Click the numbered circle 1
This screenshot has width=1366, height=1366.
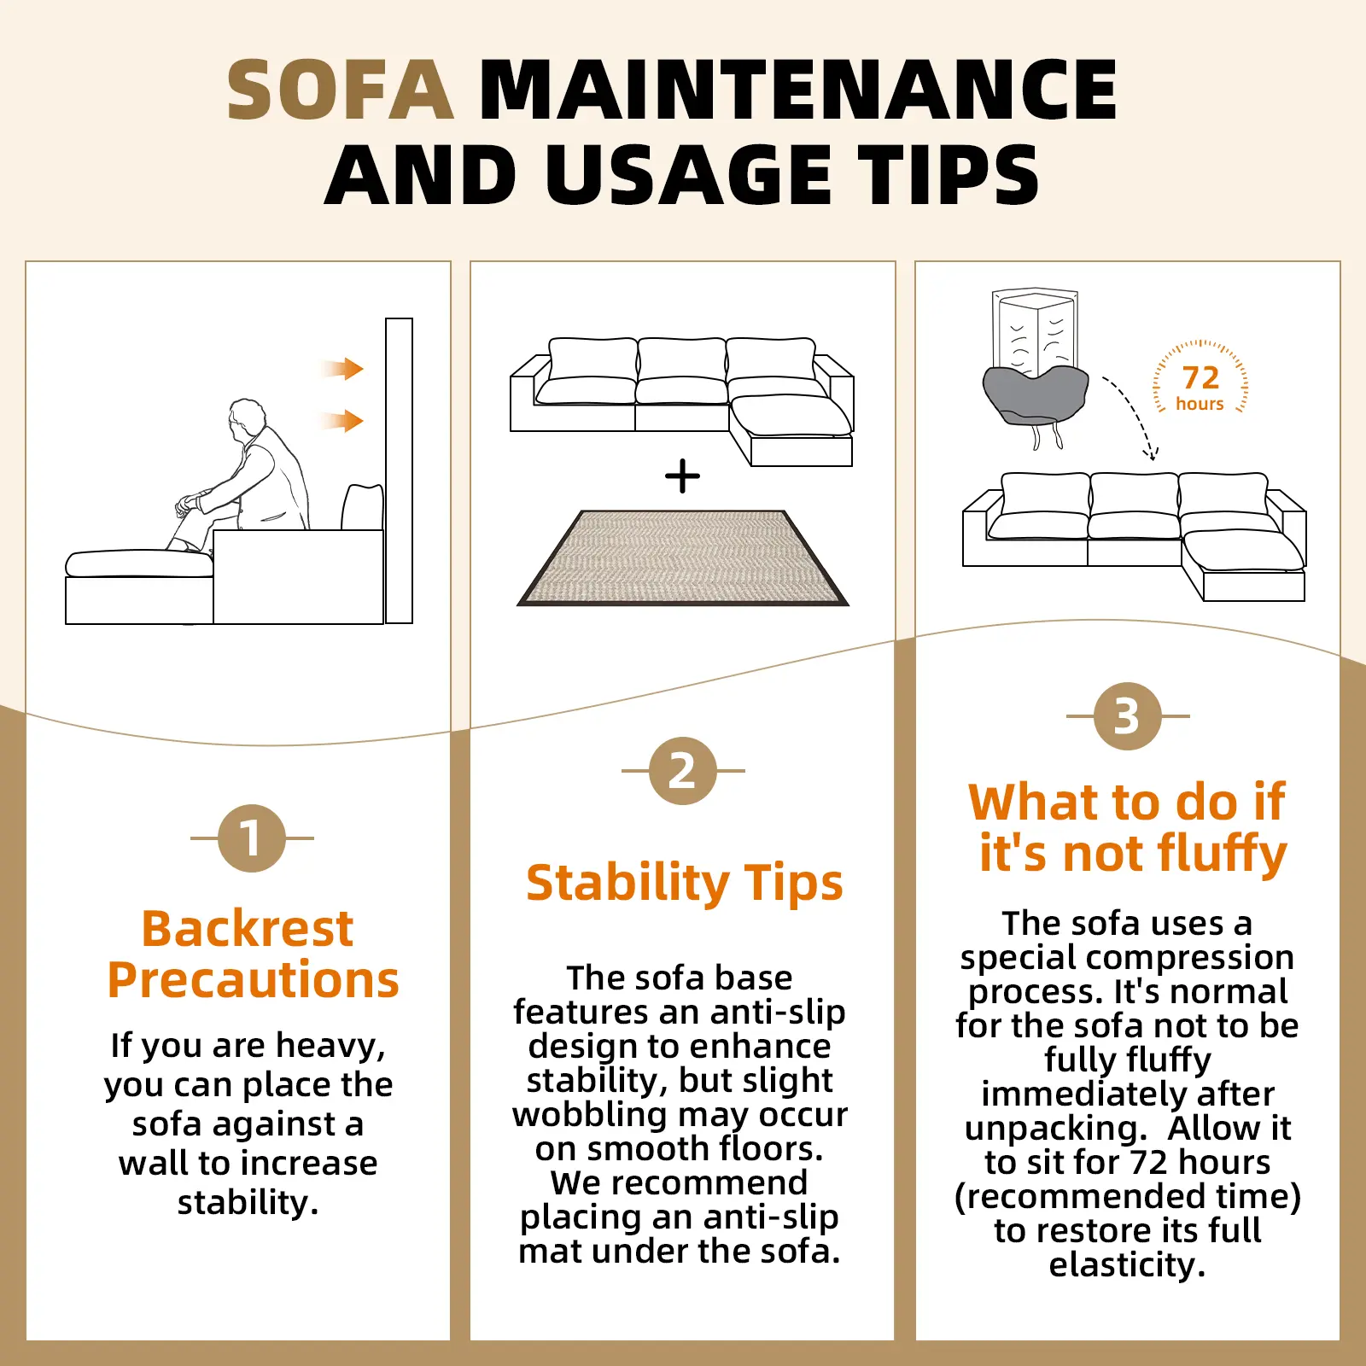[x=251, y=838]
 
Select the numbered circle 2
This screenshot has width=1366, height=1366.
[x=682, y=771]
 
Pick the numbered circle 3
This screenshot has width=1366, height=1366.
[x=1127, y=716]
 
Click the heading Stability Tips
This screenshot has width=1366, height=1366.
[x=685, y=883]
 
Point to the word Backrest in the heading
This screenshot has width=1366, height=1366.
[x=248, y=928]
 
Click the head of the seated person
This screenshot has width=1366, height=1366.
[x=247, y=418]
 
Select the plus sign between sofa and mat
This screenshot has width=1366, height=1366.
[x=682, y=476]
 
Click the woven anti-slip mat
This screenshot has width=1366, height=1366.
[x=683, y=558]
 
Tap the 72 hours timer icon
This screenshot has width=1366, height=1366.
[x=1200, y=377]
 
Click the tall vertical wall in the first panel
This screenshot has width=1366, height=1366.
[x=399, y=470]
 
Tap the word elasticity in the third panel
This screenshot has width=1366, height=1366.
[x=1127, y=1265]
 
